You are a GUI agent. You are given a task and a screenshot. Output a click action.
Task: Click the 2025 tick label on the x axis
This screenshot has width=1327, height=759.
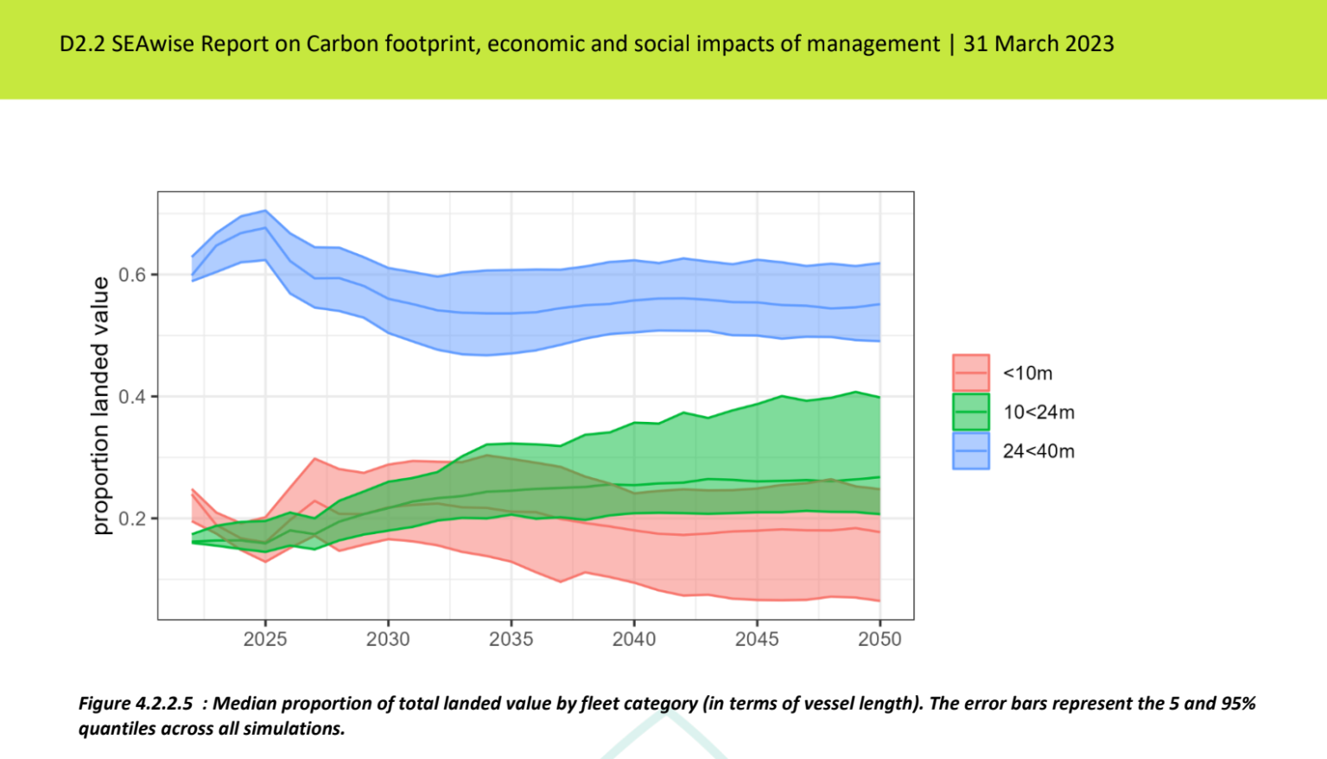[x=265, y=640]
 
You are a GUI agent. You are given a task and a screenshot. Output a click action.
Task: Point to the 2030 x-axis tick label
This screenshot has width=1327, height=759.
[x=388, y=640]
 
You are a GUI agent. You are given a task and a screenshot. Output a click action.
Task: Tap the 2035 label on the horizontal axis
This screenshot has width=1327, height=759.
[x=511, y=640]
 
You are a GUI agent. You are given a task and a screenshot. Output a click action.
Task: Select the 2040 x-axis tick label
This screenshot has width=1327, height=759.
[x=634, y=640]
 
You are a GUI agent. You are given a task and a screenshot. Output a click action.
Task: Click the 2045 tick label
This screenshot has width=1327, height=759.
[x=757, y=640]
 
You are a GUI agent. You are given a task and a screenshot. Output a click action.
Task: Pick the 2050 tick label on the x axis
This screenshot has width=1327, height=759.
[x=879, y=640]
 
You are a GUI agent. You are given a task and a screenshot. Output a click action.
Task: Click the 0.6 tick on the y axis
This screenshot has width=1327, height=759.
[x=132, y=275]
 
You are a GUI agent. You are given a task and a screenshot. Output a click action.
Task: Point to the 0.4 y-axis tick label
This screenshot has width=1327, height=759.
[x=132, y=397]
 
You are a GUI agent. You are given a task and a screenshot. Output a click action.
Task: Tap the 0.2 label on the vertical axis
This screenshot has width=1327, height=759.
[x=132, y=519]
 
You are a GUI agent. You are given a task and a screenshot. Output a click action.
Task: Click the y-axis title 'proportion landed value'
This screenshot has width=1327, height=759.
[x=101, y=405]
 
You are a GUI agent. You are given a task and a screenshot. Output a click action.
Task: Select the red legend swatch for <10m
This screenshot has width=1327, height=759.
[x=970, y=373]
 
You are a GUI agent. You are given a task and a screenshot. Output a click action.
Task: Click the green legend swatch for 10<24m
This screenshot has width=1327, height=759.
[x=970, y=412]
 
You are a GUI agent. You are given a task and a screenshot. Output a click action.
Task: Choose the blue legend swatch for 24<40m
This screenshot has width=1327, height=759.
[x=970, y=451]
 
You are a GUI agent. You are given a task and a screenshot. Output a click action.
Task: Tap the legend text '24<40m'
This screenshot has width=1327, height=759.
[x=1038, y=451]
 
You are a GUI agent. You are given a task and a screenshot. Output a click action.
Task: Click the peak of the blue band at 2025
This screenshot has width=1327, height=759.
[x=265, y=210]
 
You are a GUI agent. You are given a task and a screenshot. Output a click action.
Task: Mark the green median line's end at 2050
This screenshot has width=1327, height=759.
[x=879, y=477]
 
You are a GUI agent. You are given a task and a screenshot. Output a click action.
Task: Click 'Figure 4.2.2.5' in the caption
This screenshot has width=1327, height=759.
[x=136, y=704]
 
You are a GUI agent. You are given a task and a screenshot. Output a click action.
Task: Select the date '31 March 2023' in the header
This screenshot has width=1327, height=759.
[x=1038, y=44]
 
